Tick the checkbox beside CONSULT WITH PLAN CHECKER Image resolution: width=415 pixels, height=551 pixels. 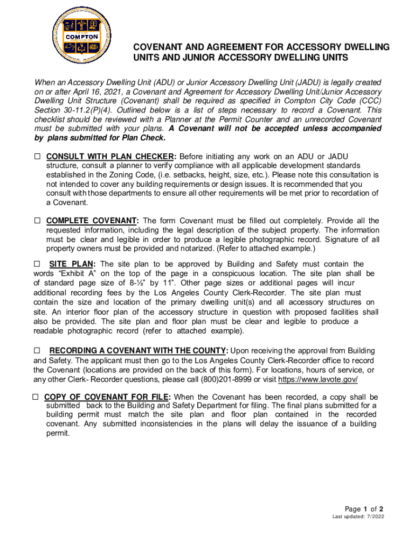38,157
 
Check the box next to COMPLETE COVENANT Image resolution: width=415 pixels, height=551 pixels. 38,221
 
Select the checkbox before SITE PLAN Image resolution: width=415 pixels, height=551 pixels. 37,264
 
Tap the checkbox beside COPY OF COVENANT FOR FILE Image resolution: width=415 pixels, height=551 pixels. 35,397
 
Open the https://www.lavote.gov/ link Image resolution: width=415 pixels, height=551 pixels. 317,380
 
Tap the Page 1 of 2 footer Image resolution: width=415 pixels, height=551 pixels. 364,509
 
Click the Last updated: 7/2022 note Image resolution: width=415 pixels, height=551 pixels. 358,518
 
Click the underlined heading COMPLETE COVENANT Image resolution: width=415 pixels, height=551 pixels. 93,221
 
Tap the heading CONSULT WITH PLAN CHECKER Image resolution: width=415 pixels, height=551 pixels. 111,157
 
